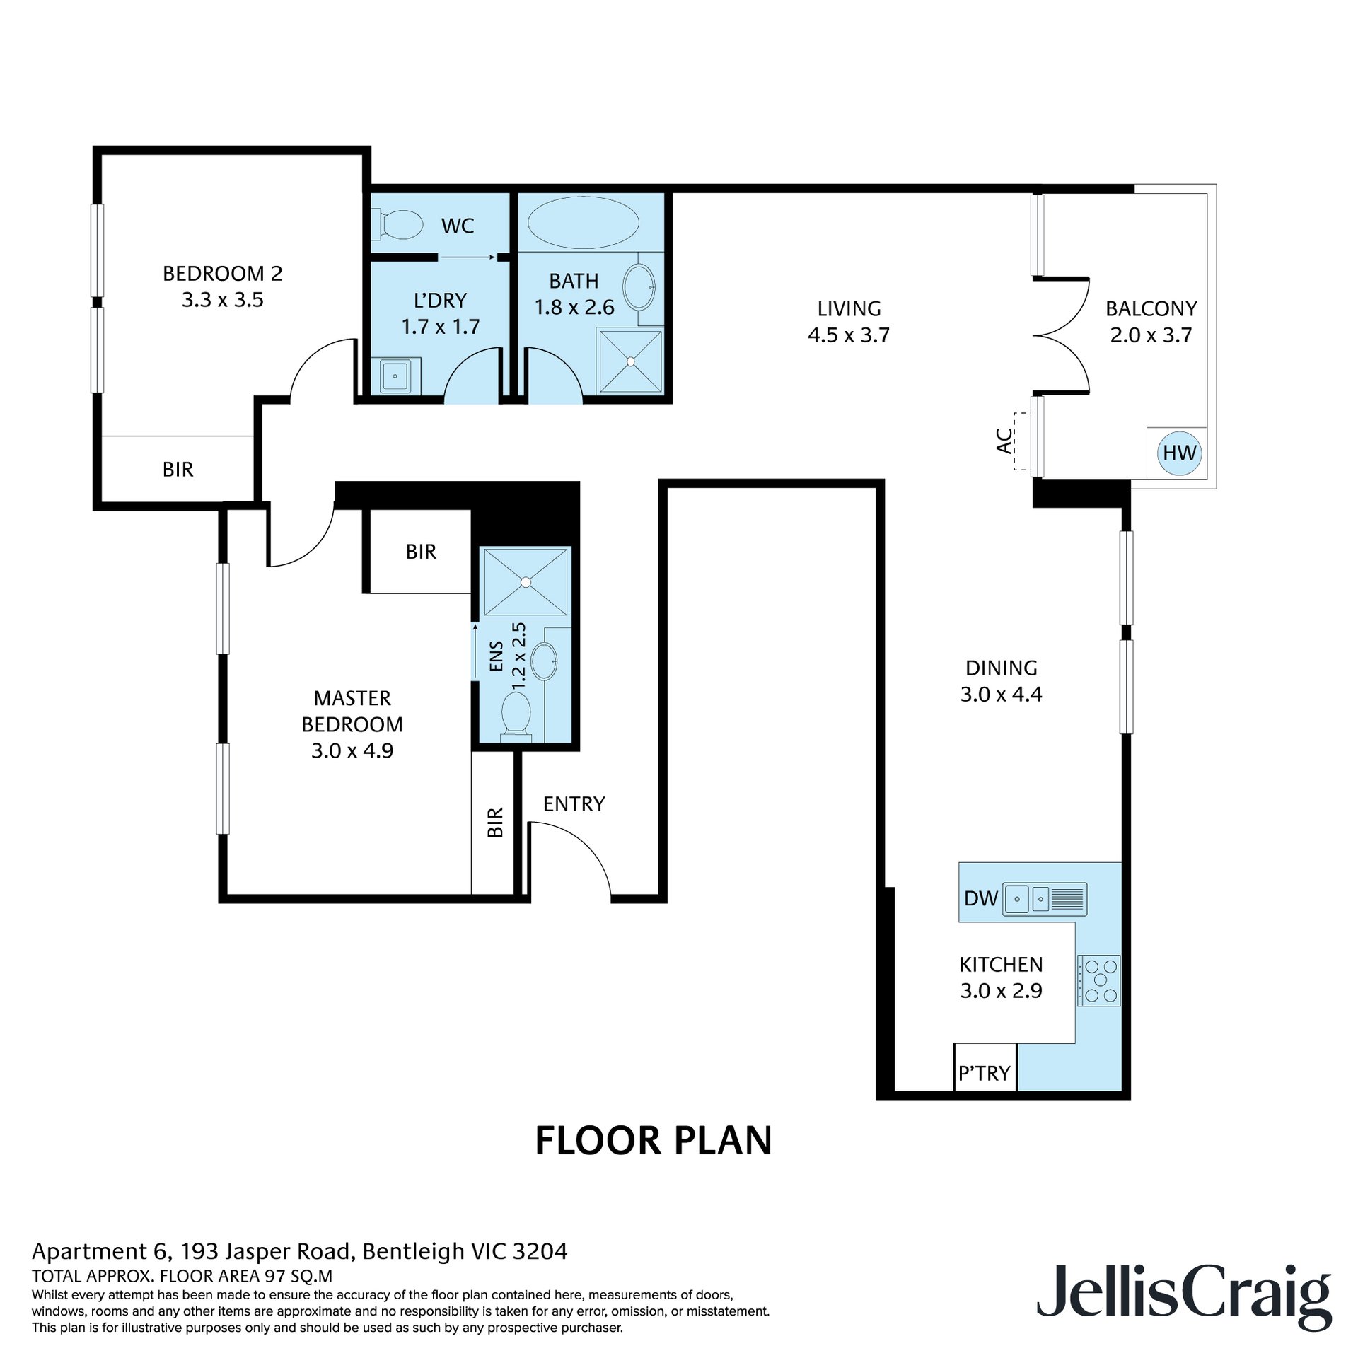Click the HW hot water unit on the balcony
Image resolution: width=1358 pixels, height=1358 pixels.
tap(1179, 453)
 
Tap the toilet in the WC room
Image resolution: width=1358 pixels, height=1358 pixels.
tap(397, 224)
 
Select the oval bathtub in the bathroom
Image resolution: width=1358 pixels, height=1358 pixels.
tap(584, 222)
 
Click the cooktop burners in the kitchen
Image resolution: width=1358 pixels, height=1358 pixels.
tap(1099, 980)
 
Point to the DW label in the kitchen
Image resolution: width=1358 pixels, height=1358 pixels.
tap(981, 898)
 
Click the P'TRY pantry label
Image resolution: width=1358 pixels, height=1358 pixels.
tap(984, 1073)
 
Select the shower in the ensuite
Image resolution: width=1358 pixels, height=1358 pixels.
tap(526, 581)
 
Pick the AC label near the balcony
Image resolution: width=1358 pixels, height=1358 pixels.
tap(1004, 441)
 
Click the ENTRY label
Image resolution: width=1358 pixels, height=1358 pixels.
tap(574, 803)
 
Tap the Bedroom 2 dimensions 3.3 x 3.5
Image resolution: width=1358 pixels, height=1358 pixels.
tap(223, 300)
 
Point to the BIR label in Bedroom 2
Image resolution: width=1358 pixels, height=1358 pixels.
tap(178, 469)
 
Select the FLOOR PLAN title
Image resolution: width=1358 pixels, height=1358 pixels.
tap(653, 1141)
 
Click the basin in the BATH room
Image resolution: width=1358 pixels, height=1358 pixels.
tap(639, 286)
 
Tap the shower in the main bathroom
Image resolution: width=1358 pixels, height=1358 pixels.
tap(630, 361)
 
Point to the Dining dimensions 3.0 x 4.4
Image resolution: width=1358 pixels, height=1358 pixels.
tap(1001, 695)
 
